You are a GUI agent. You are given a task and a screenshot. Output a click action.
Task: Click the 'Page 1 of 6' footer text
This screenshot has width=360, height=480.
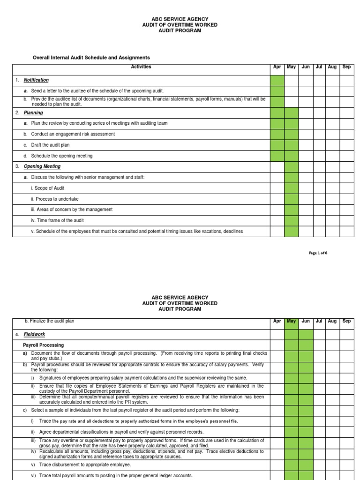(x=318, y=253)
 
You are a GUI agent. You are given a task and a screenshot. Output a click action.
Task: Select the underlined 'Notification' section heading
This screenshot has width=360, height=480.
(x=36, y=80)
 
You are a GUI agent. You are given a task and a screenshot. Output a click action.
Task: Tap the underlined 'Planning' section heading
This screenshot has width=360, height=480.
(x=33, y=112)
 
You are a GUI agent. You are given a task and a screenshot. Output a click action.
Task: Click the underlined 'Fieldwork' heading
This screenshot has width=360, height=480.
(x=33, y=334)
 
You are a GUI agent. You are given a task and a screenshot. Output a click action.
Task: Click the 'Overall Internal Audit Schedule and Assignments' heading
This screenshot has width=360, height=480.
(x=91, y=58)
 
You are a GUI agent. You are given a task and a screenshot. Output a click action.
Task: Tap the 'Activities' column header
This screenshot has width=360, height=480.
(x=141, y=67)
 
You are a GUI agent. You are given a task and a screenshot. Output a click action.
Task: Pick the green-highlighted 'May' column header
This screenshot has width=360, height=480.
(x=291, y=321)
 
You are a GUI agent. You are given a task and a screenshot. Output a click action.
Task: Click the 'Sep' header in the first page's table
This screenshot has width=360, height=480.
(x=346, y=67)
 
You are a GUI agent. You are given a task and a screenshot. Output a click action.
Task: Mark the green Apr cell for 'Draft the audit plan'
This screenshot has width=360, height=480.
(x=277, y=145)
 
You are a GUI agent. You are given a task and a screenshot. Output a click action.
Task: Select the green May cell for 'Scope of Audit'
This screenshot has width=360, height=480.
(x=291, y=188)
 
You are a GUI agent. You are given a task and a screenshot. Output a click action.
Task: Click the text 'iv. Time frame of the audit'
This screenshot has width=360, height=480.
(x=60, y=220)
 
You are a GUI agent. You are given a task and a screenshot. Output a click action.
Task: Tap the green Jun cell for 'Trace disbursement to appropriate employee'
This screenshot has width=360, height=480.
(x=306, y=465)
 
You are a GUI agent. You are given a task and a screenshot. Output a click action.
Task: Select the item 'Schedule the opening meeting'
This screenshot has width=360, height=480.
(x=61, y=156)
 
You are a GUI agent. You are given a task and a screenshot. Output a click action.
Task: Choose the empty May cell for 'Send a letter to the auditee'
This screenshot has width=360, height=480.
(x=291, y=91)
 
